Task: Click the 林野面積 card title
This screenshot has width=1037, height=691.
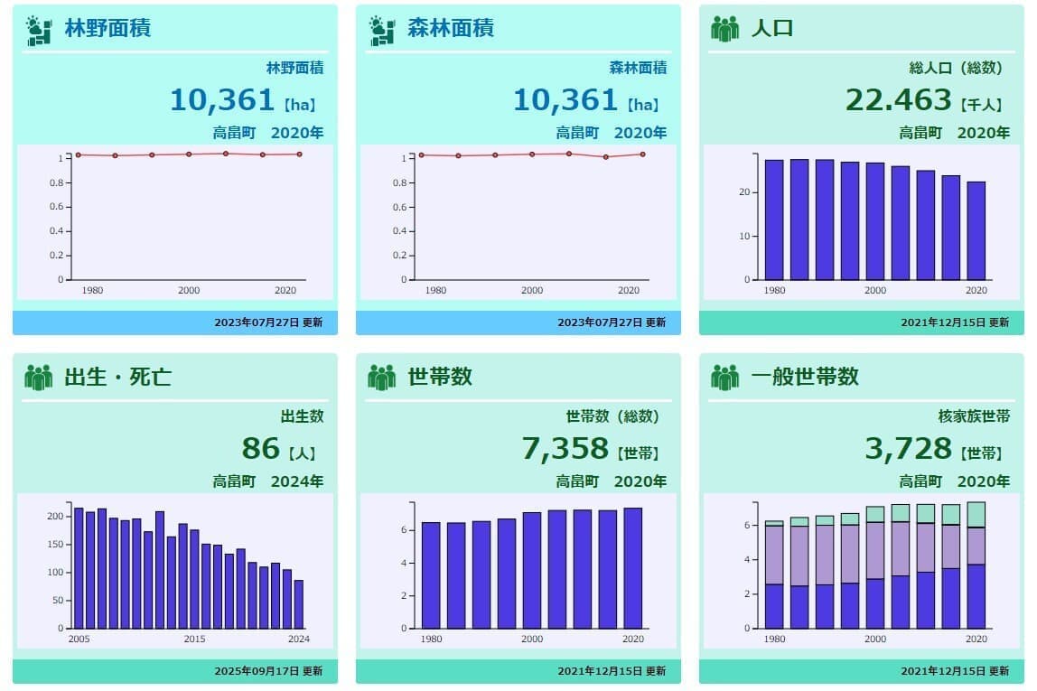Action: (107, 28)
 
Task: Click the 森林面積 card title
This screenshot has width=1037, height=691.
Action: (451, 28)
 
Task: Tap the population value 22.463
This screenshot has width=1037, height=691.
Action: (899, 99)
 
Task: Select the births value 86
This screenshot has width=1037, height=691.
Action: (261, 448)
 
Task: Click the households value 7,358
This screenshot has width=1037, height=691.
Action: (565, 448)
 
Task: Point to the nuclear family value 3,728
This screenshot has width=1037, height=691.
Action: (909, 448)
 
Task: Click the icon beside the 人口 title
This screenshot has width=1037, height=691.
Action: (724, 29)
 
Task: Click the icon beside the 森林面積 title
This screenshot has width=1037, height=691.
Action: (382, 30)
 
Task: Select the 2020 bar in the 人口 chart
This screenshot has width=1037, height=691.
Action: (976, 230)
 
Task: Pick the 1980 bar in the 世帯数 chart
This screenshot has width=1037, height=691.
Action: (431, 574)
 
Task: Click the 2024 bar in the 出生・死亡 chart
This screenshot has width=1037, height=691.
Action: (299, 603)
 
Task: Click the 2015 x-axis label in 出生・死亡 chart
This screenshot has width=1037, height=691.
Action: (194, 640)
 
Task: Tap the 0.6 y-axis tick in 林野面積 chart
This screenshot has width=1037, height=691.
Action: (59, 207)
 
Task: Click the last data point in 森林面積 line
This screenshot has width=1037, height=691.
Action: (642, 154)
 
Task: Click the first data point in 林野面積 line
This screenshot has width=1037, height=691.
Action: (78, 155)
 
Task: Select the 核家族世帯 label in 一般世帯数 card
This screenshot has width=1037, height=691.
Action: (974, 416)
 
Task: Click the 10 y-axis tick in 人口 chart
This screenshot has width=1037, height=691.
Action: (744, 237)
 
